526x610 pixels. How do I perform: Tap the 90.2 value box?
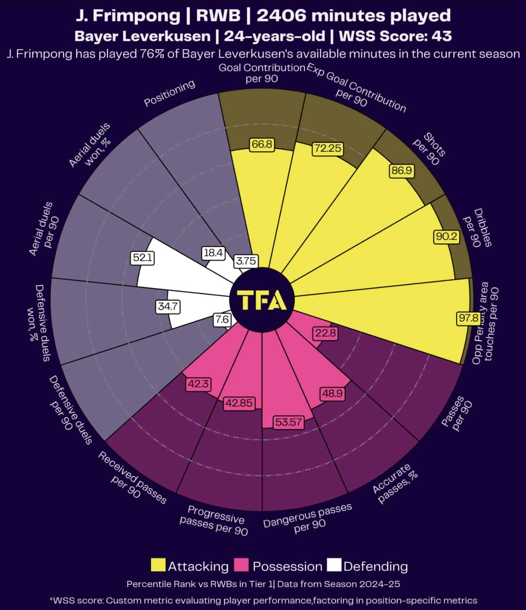(x=446, y=236)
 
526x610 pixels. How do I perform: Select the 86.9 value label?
(x=401, y=170)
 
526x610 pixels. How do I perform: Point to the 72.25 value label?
(x=328, y=148)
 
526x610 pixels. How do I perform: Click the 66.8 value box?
(x=262, y=144)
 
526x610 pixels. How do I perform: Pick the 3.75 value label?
(x=246, y=261)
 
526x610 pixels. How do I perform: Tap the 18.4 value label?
(x=213, y=253)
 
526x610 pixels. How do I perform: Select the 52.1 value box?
(x=143, y=258)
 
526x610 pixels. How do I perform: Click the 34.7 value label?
(x=168, y=306)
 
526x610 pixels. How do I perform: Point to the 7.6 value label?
(x=222, y=319)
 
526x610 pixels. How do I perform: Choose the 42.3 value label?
(x=198, y=384)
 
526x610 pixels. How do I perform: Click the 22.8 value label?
(x=326, y=333)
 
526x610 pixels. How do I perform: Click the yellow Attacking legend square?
(x=158, y=565)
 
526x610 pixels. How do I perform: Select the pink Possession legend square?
(x=241, y=565)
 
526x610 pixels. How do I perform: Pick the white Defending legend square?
(x=335, y=565)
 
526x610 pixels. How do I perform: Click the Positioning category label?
(x=169, y=93)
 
